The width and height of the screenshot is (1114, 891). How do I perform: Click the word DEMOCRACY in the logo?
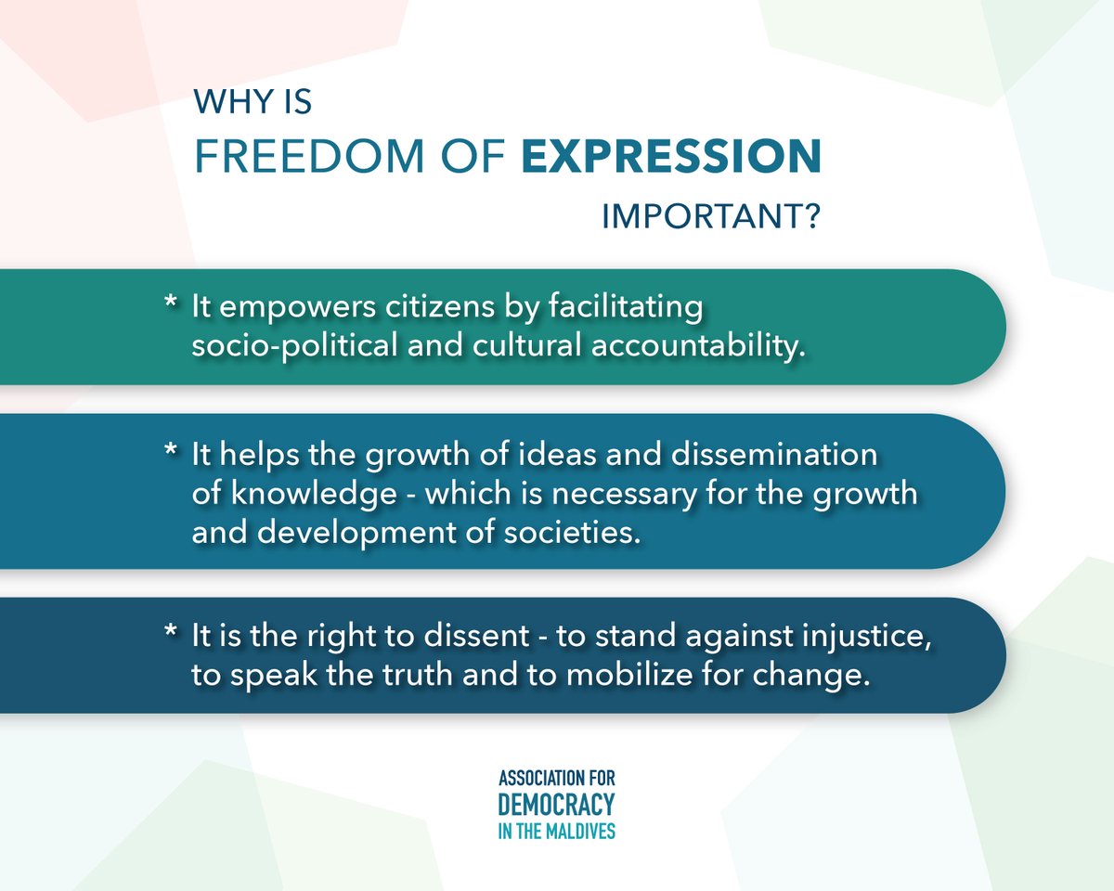tap(556, 804)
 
